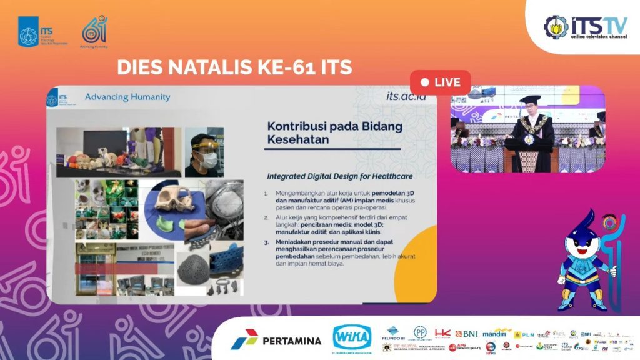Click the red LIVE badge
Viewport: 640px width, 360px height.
point(440,82)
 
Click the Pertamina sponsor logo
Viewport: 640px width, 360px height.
point(276,341)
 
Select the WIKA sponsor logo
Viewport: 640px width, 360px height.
point(352,337)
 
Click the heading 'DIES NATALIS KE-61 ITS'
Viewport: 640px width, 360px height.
point(234,66)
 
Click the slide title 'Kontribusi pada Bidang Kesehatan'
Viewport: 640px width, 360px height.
point(334,132)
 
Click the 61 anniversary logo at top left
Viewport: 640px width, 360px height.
point(94,31)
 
